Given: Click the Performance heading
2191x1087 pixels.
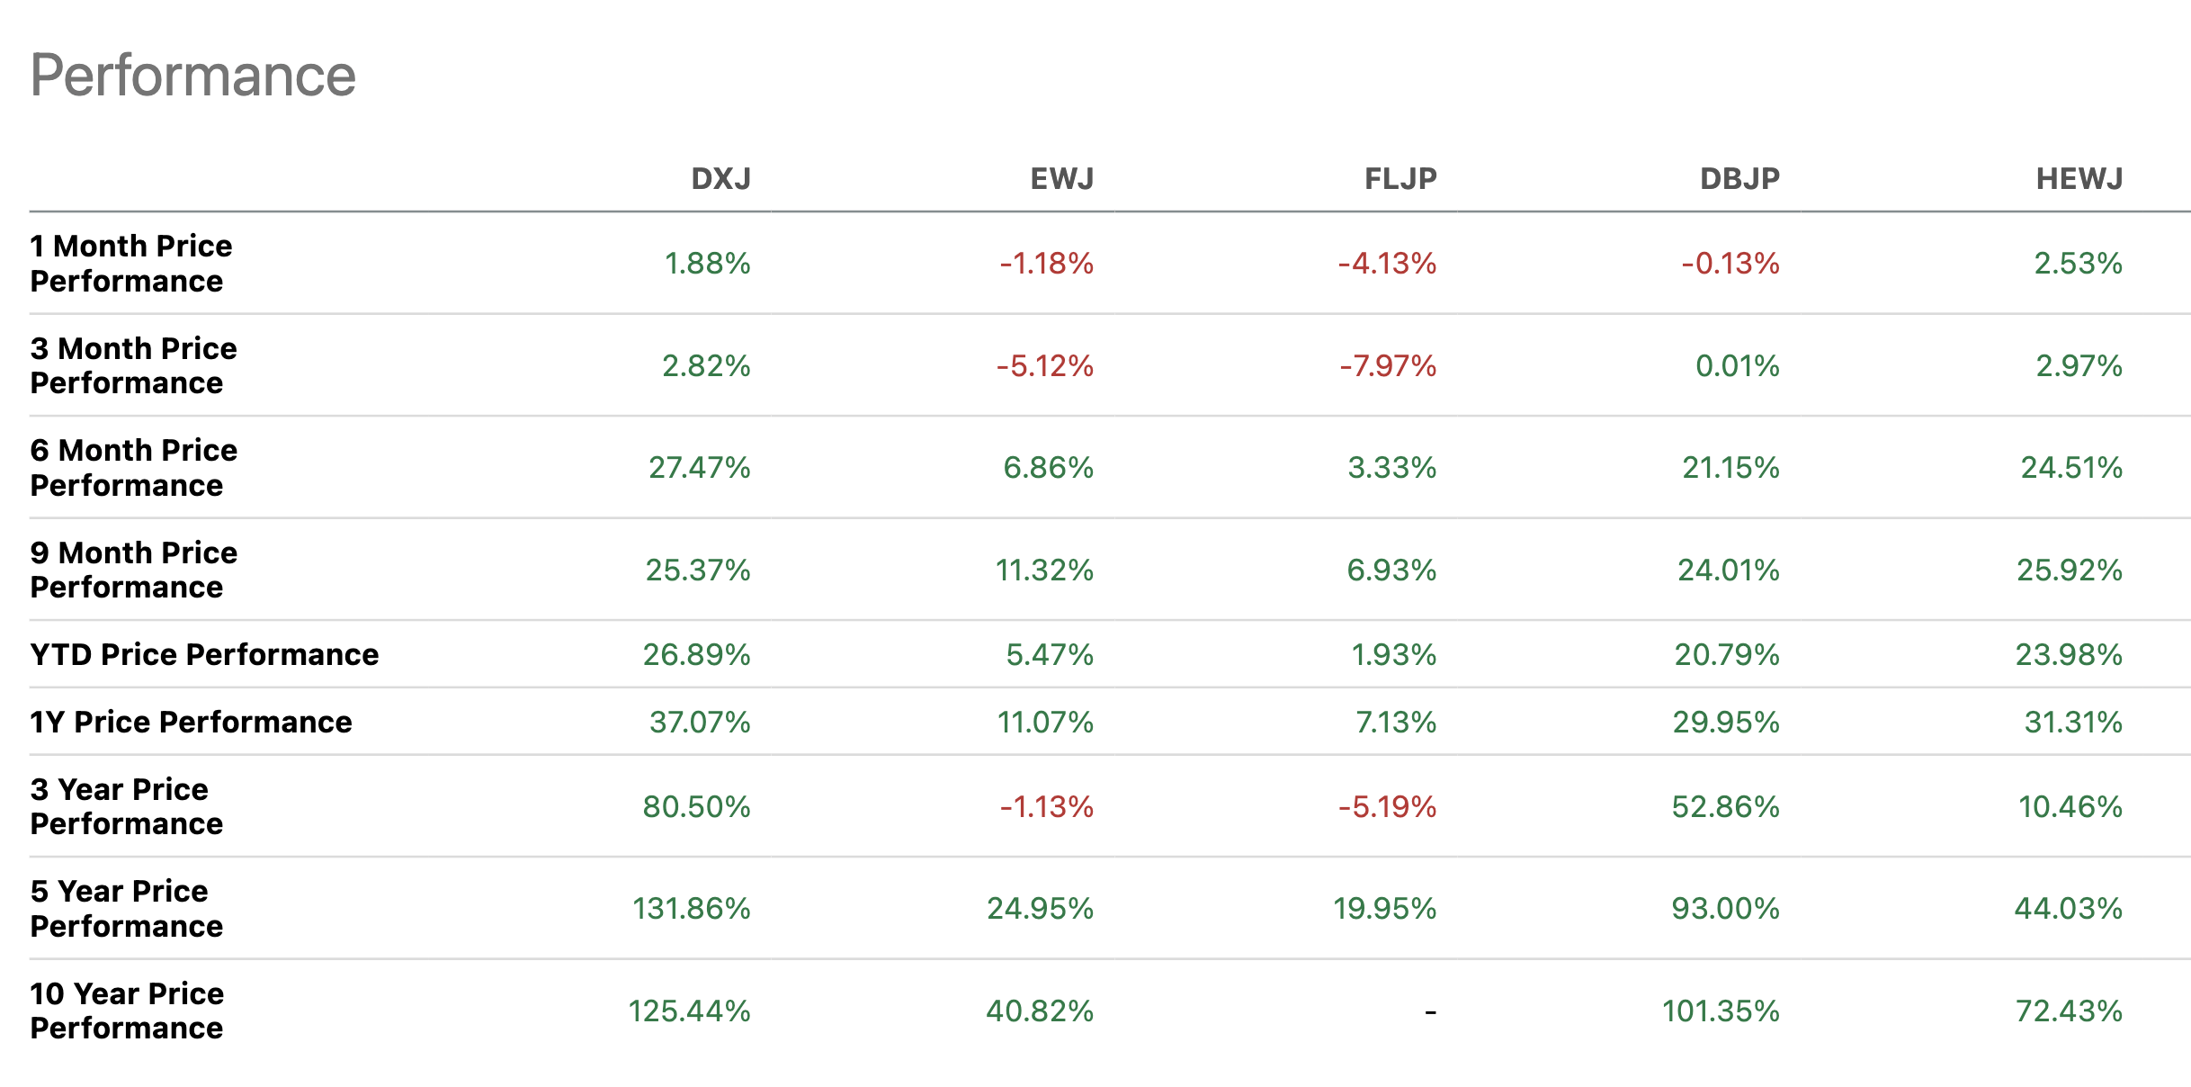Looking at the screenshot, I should pyautogui.click(x=192, y=75).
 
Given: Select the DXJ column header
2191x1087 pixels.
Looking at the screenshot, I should pyautogui.click(x=720, y=179).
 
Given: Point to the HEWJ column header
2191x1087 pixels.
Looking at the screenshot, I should pyautogui.click(x=2079, y=179).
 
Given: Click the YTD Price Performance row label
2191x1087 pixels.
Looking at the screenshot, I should pyautogui.click(x=204, y=654).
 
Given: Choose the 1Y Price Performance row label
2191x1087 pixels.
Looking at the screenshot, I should pyautogui.click(x=191, y=722).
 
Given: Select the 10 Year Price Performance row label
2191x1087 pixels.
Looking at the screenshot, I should pyautogui.click(x=127, y=1011).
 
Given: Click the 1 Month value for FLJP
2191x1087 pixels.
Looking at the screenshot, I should pyautogui.click(x=1387, y=264).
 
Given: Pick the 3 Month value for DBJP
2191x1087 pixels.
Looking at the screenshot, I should pyautogui.click(x=1737, y=366).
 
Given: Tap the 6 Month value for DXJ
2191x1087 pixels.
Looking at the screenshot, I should pyautogui.click(x=699, y=468).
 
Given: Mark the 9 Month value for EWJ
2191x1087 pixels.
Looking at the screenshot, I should pyautogui.click(x=1043, y=570).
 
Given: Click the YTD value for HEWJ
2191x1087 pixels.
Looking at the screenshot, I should pyautogui.click(x=2068, y=654).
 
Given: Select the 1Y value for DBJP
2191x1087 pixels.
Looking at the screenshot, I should pyautogui.click(x=1725, y=722).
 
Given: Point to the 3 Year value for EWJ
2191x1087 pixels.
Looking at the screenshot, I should pyautogui.click(x=1046, y=807).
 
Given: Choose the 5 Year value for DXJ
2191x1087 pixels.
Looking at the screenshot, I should pyautogui.click(x=691, y=909).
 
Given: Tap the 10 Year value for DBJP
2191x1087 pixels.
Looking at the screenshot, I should pyautogui.click(x=1720, y=1011).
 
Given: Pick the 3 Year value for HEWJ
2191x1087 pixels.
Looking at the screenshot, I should pyautogui.click(x=2070, y=807).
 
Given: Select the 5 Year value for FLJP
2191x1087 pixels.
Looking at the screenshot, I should pyautogui.click(x=1384, y=909).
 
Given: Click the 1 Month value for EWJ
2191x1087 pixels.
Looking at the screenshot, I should pyautogui.click(x=1046, y=264).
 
